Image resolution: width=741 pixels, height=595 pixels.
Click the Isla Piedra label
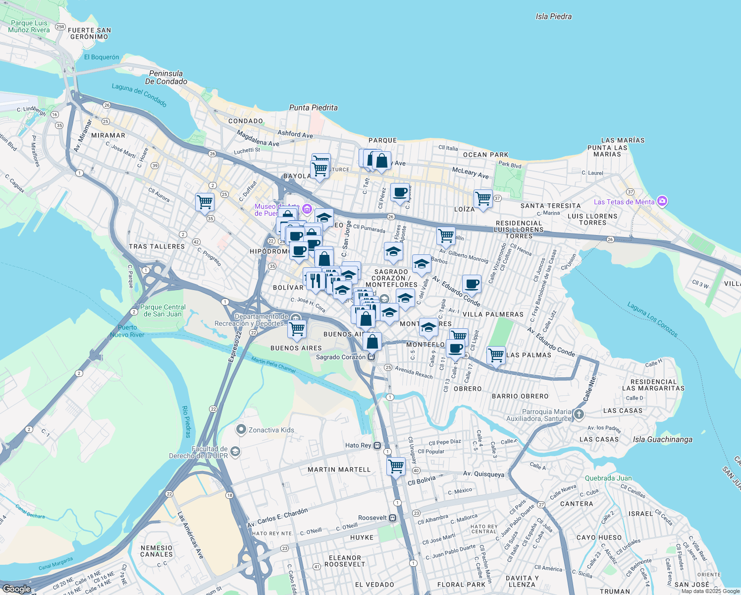click(x=553, y=16)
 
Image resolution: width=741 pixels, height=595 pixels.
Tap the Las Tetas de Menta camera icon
click(x=663, y=201)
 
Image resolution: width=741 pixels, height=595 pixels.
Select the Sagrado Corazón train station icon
click(x=371, y=357)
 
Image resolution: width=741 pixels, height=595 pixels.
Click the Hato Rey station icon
click(x=377, y=445)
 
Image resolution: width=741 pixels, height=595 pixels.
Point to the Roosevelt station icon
click(x=393, y=518)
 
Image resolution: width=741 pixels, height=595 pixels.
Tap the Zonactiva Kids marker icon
click(x=241, y=429)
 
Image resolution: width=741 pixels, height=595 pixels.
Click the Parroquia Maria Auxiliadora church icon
click(x=579, y=414)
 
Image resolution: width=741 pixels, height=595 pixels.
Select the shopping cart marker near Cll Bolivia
click(x=396, y=466)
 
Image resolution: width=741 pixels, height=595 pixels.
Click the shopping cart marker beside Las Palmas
click(x=496, y=355)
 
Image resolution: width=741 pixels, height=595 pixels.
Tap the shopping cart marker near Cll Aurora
click(x=205, y=201)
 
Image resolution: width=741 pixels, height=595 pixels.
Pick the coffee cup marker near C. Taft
click(x=400, y=192)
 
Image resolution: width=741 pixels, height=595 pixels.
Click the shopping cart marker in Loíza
click(x=483, y=198)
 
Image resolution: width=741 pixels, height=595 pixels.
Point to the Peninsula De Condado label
click(x=166, y=77)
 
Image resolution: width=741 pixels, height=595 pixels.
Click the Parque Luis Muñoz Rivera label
click(x=29, y=26)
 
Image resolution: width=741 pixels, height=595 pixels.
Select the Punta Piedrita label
click(x=313, y=108)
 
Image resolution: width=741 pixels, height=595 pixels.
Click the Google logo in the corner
click(x=17, y=589)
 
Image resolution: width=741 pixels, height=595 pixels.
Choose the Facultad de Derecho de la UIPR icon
click(x=235, y=451)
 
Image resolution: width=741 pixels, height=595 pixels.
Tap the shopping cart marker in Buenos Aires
click(x=297, y=328)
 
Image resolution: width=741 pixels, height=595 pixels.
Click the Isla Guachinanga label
click(x=662, y=439)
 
